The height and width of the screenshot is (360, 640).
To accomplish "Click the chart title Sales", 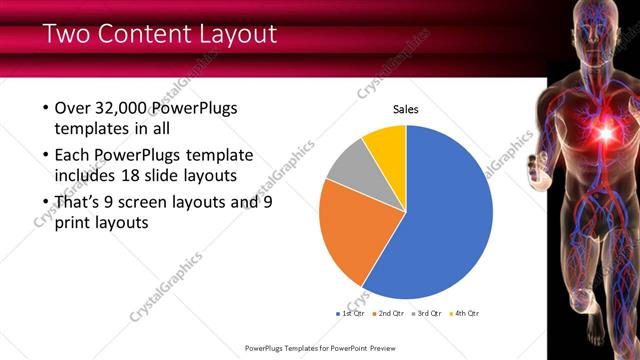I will coord(405,109).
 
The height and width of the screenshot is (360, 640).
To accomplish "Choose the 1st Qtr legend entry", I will coord(349,314).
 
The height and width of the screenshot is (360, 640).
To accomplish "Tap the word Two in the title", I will coord(68,35).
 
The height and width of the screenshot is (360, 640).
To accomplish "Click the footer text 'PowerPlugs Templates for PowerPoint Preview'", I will coord(320,348).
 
